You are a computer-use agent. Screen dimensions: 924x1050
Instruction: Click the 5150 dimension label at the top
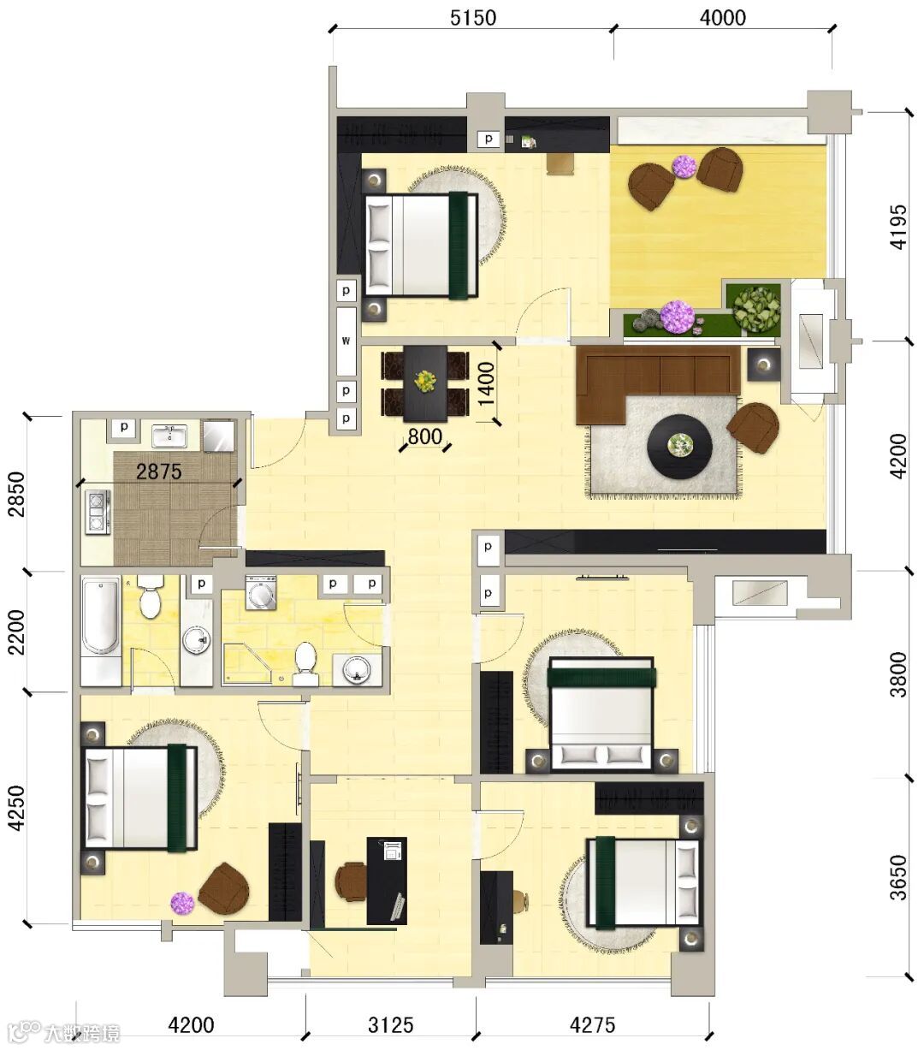(472, 18)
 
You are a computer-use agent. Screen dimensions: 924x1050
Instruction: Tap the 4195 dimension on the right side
(898, 227)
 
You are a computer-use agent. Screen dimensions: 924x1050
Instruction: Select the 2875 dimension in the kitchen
(159, 472)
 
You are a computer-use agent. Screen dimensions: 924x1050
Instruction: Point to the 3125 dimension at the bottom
(391, 1024)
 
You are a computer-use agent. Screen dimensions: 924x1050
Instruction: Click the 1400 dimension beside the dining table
(486, 383)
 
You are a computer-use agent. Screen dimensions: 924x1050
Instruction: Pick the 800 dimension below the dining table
(425, 436)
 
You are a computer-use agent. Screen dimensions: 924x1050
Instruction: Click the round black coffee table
(680, 445)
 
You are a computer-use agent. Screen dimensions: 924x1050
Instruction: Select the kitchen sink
(169, 436)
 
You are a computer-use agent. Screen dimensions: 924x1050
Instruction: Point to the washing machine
(261, 592)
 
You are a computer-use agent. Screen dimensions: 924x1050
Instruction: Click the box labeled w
(346, 341)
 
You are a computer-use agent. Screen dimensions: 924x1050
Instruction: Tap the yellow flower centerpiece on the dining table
(425, 381)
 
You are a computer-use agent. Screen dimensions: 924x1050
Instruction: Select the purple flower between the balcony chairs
(684, 167)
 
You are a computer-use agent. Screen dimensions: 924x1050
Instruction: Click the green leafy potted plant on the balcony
(756, 308)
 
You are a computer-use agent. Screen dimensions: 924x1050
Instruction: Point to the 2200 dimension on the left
(17, 632)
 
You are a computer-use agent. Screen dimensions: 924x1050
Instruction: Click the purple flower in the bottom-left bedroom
(182, 903)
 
